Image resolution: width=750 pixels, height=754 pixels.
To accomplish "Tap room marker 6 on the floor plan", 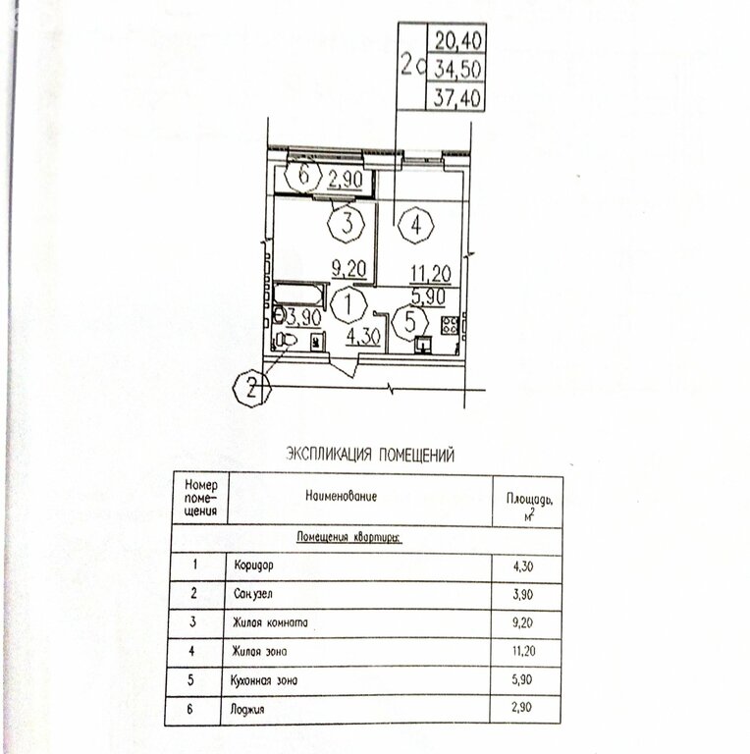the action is [x=304, y=177].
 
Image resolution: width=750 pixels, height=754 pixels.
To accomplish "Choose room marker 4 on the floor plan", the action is [x=417, y=225].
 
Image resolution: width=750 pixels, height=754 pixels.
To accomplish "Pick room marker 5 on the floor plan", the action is [x=409, y=321].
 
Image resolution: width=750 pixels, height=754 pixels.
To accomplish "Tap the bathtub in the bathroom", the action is [x=299, y=294].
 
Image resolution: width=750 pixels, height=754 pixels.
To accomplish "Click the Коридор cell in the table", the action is [x=253, y=566].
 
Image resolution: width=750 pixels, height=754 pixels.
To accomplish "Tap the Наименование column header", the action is [x=341, y=497].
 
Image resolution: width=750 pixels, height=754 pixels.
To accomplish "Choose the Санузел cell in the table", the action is [x=254, y=595].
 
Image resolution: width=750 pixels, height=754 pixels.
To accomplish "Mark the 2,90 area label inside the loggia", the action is [x=345, y=179].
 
